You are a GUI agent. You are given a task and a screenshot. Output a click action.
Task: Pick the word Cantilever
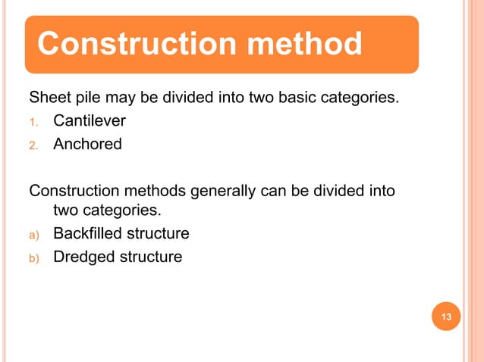pyautogui.click(x=90, y=120)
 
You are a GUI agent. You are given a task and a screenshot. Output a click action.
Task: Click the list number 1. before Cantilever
pyautogui.click(x=33, y=121)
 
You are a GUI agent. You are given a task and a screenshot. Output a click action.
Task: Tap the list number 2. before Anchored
pyautogui.click(x=33, y=145)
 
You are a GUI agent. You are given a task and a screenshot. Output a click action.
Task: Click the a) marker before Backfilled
pyautogui.click(x=34, y=234)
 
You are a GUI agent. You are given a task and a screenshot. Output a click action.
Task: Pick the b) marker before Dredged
pyautogui.click(x=34, y=257)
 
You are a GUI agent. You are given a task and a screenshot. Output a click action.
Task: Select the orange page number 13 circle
pyautogui.click(x=446, y=317)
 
